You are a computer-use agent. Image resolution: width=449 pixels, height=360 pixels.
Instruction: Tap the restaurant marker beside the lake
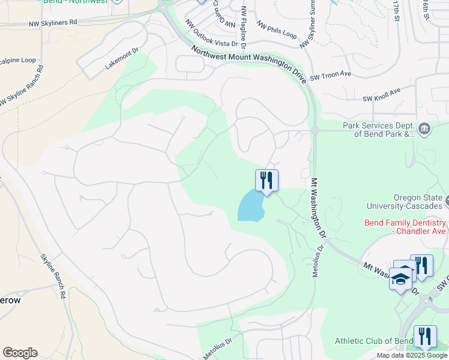coord(267,181)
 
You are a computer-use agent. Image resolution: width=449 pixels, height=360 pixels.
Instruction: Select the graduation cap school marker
coord(400,279)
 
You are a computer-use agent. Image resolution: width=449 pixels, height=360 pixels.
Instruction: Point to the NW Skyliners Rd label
coord(53,22)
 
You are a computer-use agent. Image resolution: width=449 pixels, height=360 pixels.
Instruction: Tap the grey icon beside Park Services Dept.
coord(424,127)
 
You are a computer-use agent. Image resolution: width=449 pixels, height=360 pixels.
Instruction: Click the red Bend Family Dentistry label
coord(405,226)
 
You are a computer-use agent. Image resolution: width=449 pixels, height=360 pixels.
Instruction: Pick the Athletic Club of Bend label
coord(373,341)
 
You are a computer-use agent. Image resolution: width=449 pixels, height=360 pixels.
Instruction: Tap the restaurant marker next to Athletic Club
coord(424,337)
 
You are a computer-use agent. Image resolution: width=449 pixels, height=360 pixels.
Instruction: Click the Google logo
coord(20,352)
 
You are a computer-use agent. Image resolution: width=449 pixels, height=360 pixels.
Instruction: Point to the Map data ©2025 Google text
coord(412,355)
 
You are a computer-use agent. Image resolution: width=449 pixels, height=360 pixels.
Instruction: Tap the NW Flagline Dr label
coord(244,27)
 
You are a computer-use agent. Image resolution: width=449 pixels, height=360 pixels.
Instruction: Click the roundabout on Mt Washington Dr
coord(314,130)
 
